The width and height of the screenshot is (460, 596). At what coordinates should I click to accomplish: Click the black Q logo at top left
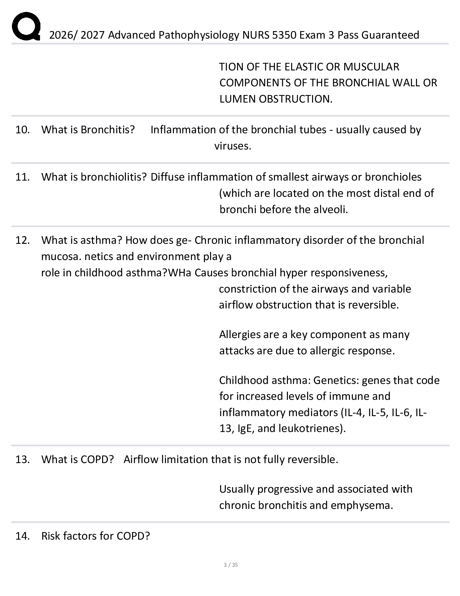coord(25,26)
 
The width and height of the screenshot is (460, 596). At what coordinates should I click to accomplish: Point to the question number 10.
coord(22,130)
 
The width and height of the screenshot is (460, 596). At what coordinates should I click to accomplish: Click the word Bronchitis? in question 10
coord(108,130)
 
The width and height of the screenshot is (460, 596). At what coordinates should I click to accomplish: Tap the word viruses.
coord(233,146)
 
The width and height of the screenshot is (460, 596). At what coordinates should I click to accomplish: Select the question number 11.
coord(22,177)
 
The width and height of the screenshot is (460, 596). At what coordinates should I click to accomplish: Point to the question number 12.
coord(22,240)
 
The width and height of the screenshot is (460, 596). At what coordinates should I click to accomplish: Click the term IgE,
coord(246,428)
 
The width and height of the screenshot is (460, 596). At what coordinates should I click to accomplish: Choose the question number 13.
coord(22,459)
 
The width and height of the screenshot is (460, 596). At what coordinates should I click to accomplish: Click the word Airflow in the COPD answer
coord(141,459)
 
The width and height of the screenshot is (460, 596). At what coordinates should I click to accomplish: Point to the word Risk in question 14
coord(51,536)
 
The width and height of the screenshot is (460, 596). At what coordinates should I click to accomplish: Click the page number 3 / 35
coord(231,565)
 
